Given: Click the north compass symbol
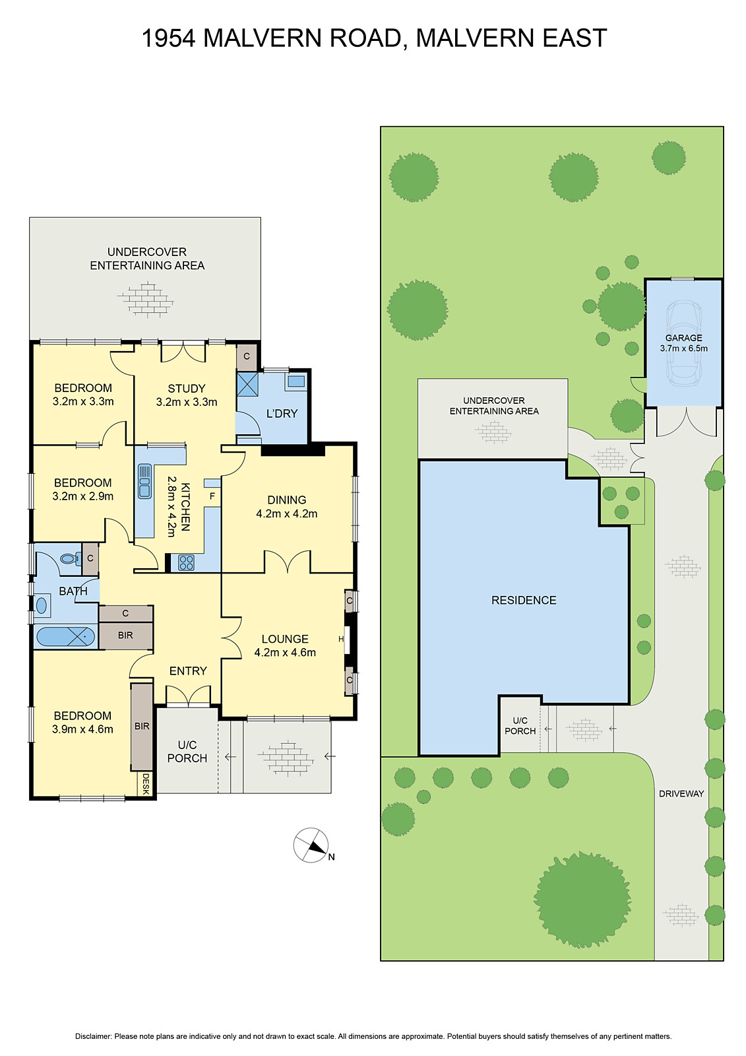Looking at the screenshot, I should [x=311, y=845].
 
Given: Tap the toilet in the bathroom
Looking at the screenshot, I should [x=68, y=558].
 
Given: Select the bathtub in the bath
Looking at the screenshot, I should [x=65, y=637].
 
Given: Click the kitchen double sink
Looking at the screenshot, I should [x=144, y=481].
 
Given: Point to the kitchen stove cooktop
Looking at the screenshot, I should [x=186, y=562].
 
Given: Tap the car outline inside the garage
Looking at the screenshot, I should [x=683, y=343].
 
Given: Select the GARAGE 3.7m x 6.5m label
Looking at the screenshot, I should [x=683, y=343].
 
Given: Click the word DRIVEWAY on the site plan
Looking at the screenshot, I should [x=681, y=793].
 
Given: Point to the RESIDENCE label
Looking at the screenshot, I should [x=524, y=600].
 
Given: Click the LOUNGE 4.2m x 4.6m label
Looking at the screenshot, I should [x=285, y=645].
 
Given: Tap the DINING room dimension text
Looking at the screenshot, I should [x=287, y=513].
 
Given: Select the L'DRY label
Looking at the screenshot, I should [x=282, y=414].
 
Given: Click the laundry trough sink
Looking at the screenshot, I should [x=296, y=381].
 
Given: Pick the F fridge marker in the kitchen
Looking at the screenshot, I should [x=212, y=496].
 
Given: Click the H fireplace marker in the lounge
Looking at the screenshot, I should [x=342, y=639].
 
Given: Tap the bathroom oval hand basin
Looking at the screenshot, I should [x=42, y=605].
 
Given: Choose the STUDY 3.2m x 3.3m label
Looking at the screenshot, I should [x=187, y=395].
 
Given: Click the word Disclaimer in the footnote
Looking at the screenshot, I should [x=93, y=1036].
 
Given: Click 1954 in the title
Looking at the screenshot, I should [x=168, y=38].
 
